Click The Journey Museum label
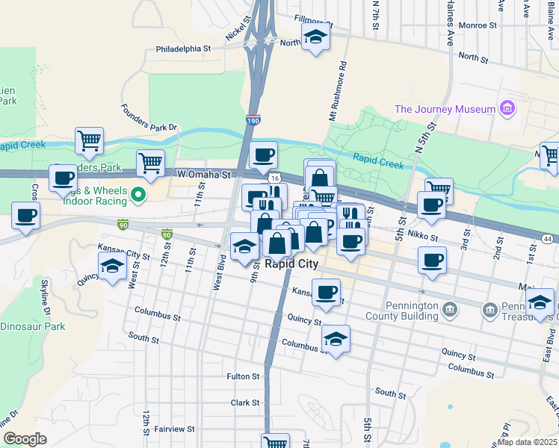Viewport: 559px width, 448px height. (x=445, y=109)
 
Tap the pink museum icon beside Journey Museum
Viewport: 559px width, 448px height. (x=508, y=109)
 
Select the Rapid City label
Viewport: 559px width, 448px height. (x=291, y=264)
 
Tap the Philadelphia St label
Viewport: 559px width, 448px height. (x=184, y=49)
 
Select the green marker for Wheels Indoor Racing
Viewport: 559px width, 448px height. (x=138, y=196)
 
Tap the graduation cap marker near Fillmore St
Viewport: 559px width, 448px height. (x=316, y=37)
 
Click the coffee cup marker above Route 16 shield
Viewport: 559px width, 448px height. (x=263, y=155)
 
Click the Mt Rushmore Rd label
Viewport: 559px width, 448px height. (x=339, y=90)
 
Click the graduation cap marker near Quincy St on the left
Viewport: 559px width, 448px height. (x=113, y=266)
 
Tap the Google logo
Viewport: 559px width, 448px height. (x=25, y=438)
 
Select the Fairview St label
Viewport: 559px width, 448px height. (x=173, y=429)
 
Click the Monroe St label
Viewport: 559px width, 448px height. (x=478, y=25)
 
